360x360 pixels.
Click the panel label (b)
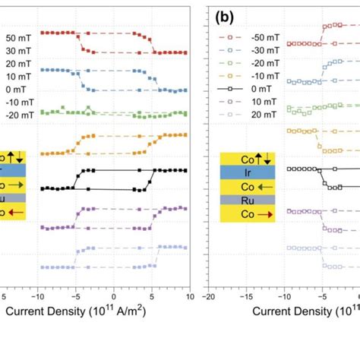226,17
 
